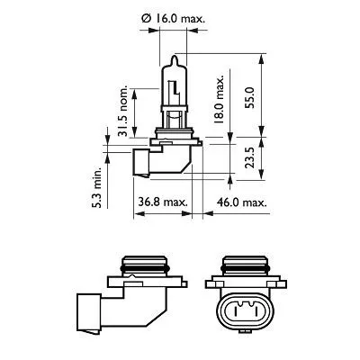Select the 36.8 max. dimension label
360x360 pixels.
(x=163, y=202)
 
